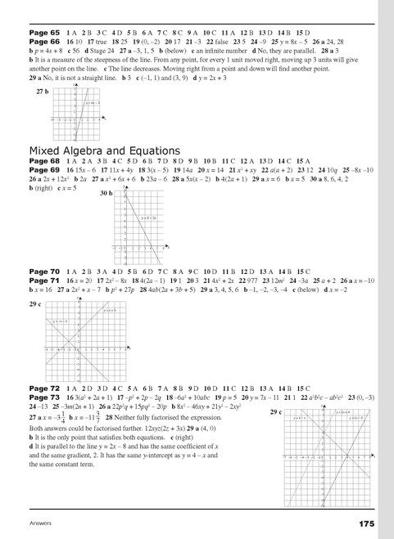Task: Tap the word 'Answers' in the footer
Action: (43, 523)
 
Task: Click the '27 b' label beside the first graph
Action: (42, 93)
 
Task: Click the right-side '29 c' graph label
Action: (276, 413)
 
